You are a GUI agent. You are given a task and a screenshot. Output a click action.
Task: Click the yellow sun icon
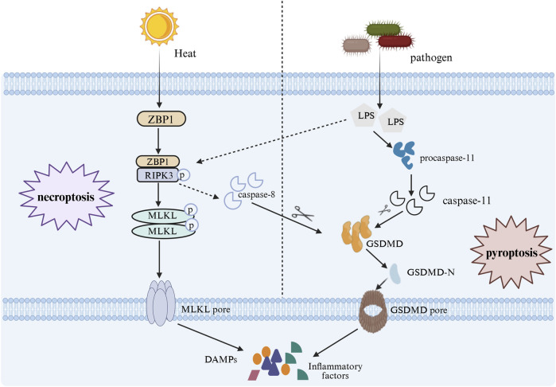click(x=159, y=26)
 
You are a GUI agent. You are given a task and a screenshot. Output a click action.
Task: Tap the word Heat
click(x=185, y=53)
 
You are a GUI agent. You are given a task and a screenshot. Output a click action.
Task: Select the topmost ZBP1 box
click(x=161, y=119)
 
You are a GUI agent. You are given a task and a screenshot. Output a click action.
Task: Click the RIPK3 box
click(x=157, y=175)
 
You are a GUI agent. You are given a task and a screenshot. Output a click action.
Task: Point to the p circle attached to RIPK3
click(x=183, y=175)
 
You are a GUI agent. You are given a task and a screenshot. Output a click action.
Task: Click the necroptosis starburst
click(x=66, y=197)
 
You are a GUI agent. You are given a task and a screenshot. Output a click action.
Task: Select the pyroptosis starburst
click(x=511, y=252)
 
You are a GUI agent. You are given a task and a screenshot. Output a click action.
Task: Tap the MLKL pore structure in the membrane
click(x=161, y=303)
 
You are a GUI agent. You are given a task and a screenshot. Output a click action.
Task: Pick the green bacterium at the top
click(x=383, y=29)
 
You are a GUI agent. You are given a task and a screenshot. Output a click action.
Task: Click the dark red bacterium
click(x=395, y=41)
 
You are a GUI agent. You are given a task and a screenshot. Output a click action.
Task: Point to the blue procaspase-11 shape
click(x=404, y=154)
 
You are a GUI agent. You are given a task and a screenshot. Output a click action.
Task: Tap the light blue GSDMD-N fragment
click(x=395, y=273)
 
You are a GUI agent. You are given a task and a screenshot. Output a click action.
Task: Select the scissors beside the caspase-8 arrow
click(x=302, y=213)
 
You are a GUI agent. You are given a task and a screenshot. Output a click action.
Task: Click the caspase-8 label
click(x=256, y=194)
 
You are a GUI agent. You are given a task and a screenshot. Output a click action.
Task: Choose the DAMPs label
click(x=220, y=359)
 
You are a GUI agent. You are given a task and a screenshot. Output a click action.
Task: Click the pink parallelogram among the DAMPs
click(x=254, y=375)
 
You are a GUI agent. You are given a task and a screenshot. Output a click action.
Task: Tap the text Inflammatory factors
click(x=335, y=370)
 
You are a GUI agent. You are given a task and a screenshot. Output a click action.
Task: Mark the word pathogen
click(x=431, y=57)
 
